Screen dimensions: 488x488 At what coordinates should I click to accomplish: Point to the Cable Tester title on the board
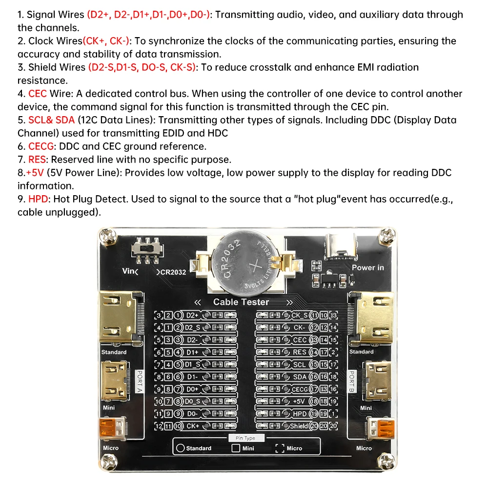pos(241,302)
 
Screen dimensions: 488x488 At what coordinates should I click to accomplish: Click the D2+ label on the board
pos(192,315)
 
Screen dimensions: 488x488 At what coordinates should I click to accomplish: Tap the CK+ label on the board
pos(192,426)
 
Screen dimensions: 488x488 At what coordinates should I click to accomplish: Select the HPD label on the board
pos(300,413)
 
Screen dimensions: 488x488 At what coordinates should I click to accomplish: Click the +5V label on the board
pos(299,401)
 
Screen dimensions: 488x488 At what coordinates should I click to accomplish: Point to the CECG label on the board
pos(300,389)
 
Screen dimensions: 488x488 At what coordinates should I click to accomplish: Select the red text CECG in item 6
pos(42,146)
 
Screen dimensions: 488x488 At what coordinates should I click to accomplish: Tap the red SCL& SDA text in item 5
pos(51,120)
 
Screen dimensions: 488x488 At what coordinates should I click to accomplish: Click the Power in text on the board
pos(367,267)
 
